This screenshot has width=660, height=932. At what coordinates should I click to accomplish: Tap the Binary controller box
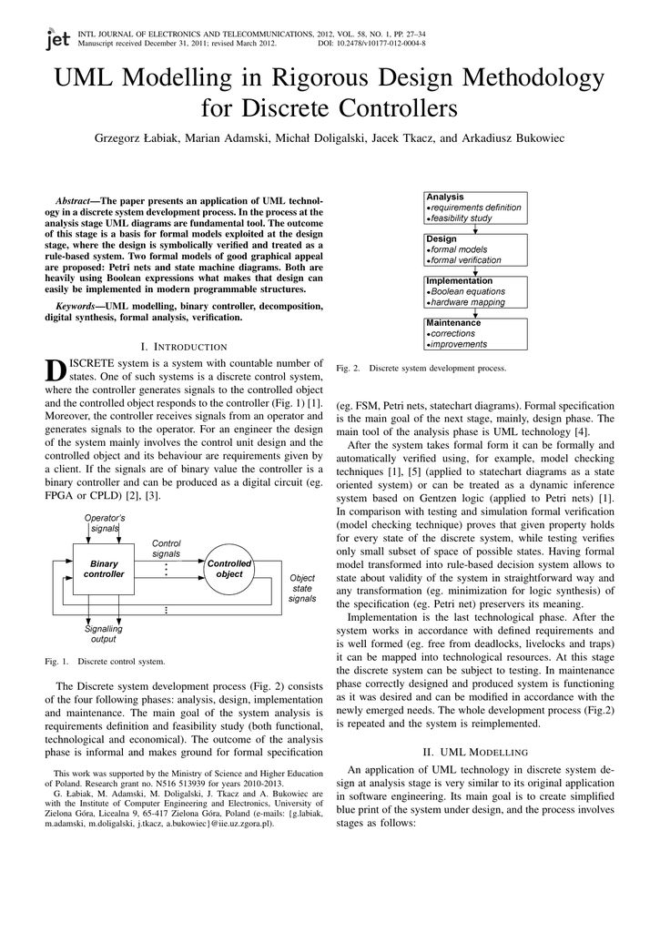pyautogui.click(x=105, y=569)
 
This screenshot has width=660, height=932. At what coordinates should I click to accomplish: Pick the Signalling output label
pyautogui.click(x=104, y=633)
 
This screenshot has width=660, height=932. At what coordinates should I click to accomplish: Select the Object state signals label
pyautogui.click(x=302, y=588)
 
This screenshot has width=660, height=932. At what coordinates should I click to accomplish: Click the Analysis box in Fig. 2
pyautogui.click(x=476, y=208)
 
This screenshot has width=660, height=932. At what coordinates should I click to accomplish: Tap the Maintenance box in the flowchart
pyautogui.click(x=476, y=334)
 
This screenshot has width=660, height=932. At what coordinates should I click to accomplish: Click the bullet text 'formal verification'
pyautogui.click(x=466, y=260)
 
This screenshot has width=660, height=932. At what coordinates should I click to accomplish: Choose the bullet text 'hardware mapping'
pyautogui.click(x=468, y=302)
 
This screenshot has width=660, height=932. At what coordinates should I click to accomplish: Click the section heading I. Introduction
pyautogui.click(x=185, y=347)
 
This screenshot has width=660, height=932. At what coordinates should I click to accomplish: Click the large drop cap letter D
pyautogui.click(x=55, y=371)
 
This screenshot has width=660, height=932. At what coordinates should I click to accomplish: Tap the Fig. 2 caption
pyautogui.click(x=421, y=368)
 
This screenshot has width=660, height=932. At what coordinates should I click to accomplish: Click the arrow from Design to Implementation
pyautogui.click(x=476, y=271)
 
